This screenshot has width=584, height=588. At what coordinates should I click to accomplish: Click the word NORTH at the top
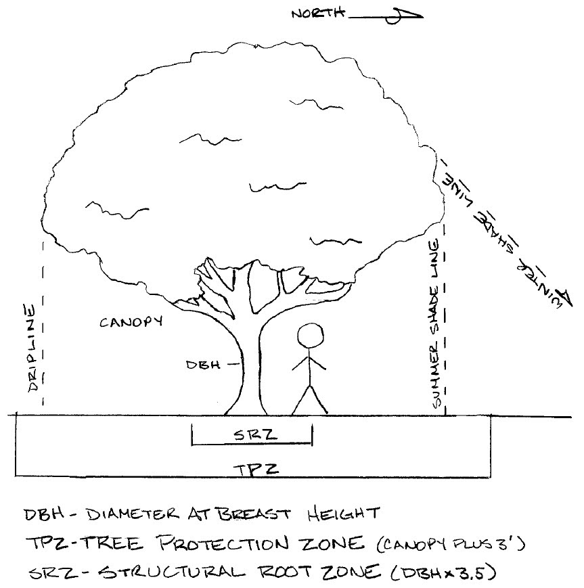pyautogui.click(x=316, y=13)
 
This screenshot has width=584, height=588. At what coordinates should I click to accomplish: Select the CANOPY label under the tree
pyautogui.click(x=131, y=322)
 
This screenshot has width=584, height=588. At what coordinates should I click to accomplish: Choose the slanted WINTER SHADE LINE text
pyautogui.click(x=505, y=234)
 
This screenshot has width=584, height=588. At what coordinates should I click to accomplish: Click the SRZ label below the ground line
pyautogui.click(x=251, y=435)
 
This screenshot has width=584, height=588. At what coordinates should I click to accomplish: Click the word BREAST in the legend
pyautogui.click(x=250, y=515)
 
